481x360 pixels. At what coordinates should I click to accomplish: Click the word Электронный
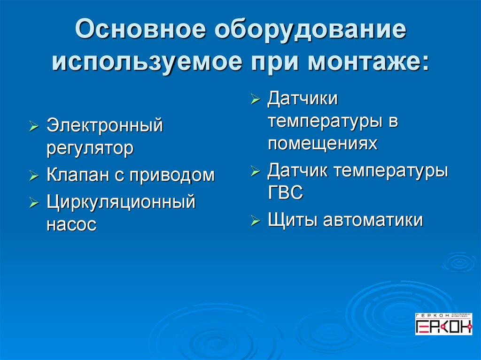click(x=104, y=126)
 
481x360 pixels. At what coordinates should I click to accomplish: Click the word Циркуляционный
click(x=120, y=203)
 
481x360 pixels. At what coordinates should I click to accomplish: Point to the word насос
click(x=71, y=224)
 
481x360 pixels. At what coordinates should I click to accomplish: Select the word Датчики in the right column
click(x=303, y=99)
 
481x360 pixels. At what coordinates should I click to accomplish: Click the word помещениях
click(x=322, y=143)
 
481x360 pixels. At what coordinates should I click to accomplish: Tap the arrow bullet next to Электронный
click(x=34, y=127)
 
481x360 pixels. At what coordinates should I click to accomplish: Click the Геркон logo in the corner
click(x=443, y=324)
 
